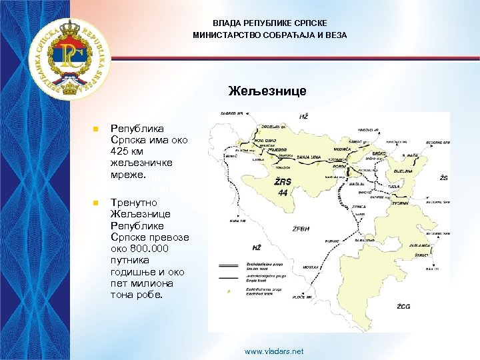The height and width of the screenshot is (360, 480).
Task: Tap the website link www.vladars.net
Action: [x=274, y=351]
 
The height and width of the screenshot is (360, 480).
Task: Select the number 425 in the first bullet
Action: [x=121, y=152]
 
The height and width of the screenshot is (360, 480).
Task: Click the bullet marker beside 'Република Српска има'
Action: [x=96, y=127]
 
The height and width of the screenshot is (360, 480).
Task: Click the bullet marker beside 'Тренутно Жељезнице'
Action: [x=96, y=201]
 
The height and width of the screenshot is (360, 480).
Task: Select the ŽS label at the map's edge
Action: [x=443, y=179]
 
